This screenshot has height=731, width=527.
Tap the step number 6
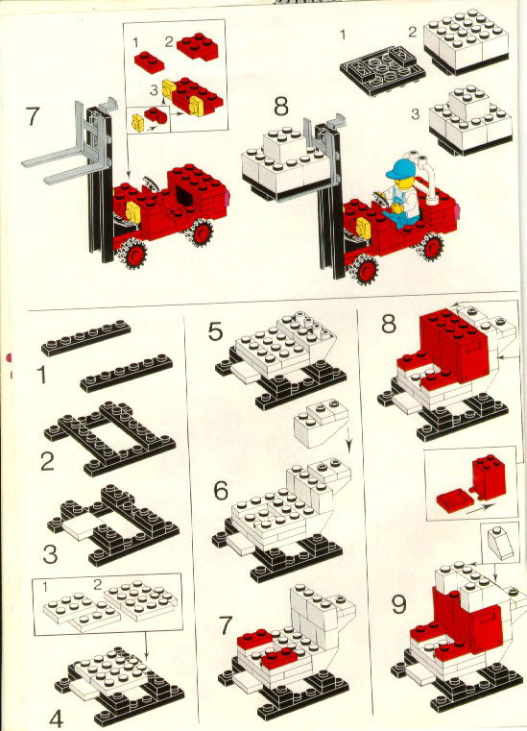click(221, 490)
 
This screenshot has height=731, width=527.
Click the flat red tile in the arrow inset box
click(451, 499)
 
